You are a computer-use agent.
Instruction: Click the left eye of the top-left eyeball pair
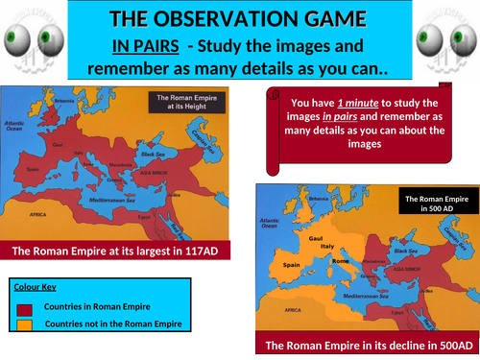(17, 38)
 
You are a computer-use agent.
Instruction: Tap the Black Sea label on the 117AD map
(152, 152)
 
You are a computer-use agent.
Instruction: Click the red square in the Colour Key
(26, 307)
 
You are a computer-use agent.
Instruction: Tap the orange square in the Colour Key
(26, 325)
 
